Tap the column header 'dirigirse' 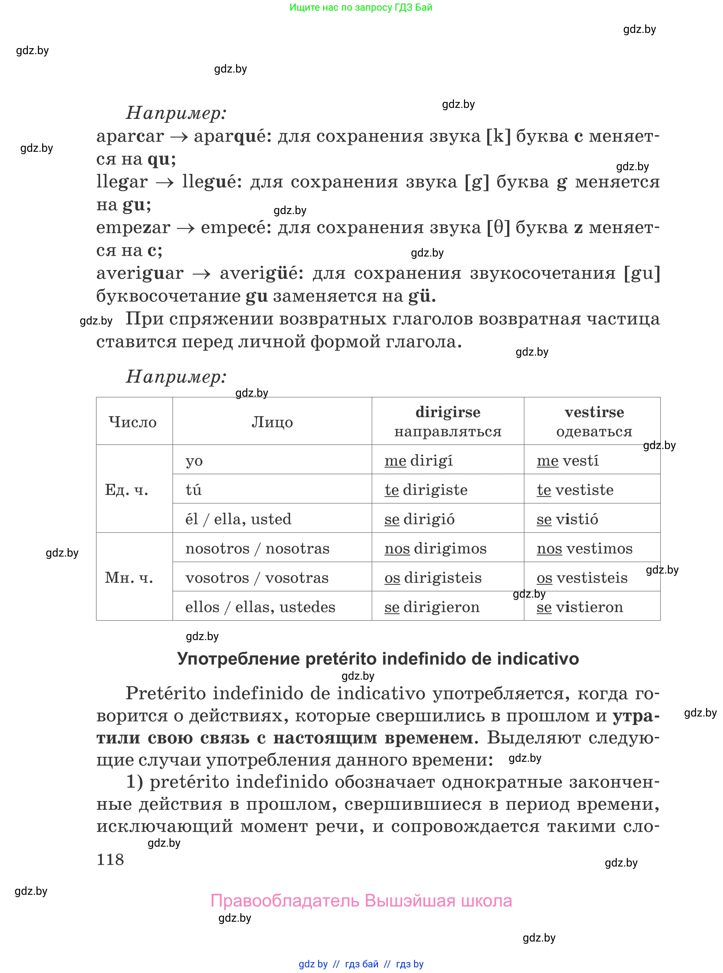(x=447, y=412)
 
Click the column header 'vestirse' (x=594, y=412)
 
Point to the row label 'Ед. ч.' (x=126, y=490)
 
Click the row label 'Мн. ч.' (x=129, y=577)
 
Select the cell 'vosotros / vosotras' (x=257, y=577)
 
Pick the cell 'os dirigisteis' (x=432, y=577)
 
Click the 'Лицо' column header (x=272, y=422)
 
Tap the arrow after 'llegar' (x=165, y=183)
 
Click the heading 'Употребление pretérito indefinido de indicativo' (x=378, y=658)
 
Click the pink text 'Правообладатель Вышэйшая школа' (x=361, y=900)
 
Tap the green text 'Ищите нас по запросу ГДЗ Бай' (x=361, y=7)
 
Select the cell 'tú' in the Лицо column (x=194, y=490)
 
